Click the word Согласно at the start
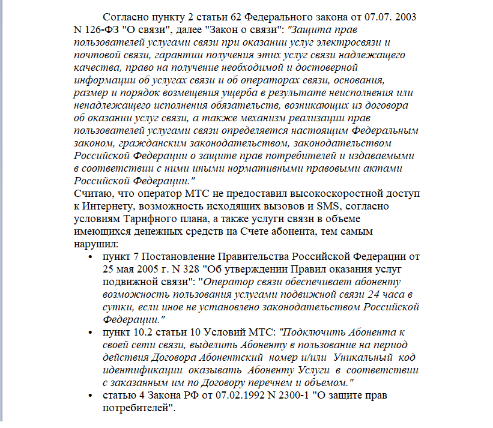124,16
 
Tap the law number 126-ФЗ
106,29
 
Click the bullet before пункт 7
89,257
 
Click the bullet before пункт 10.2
89,332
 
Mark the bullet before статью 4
89,396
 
